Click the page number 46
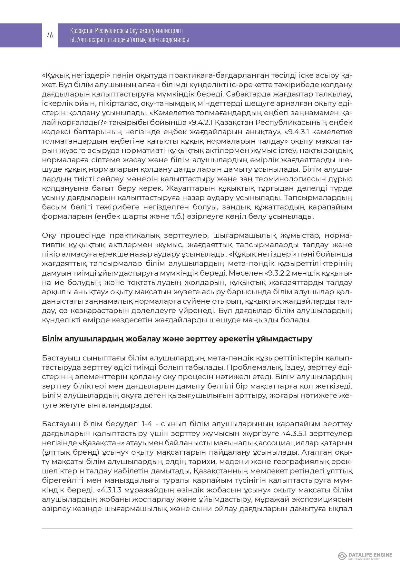click(x=50, y=35)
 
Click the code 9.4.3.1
click(x=298, y=132)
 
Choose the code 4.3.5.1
click(x=298, y=433)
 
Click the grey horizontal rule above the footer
click(x=197, y=529)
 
